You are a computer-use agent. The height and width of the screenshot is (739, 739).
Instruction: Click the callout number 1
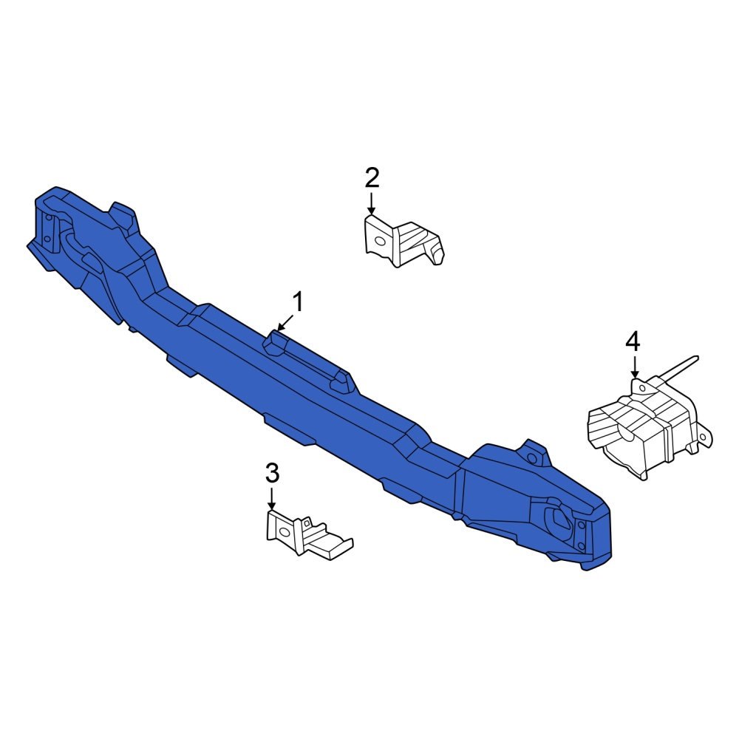pos(298,302)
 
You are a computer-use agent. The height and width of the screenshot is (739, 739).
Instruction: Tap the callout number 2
pos(372,177)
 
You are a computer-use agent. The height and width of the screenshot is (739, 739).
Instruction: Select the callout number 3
pos(272,471)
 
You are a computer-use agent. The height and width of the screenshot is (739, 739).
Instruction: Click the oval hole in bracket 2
pos(378,240)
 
